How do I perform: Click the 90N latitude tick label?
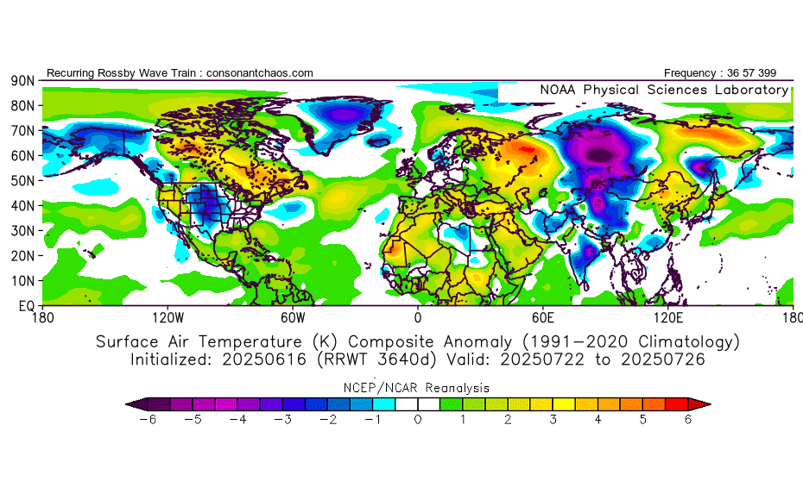[x=22, y=80]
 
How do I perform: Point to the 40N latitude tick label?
[x=22, y=206]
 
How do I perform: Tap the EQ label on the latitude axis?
[x=25, y=306]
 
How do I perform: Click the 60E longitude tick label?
[x=542, y=317]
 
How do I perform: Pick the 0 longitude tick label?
[x=418, y=317]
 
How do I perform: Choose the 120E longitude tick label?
[x=667, y=317]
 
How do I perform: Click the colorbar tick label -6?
[x=144, y=420]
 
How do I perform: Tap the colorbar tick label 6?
[x=689, y=420]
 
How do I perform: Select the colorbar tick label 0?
[x=418, y=420]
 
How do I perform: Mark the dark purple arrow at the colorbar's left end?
[x=135, y=403]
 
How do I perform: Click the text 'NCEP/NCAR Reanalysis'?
[x=418, y=388]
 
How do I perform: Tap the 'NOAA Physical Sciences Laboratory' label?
[x=664, y=90]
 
